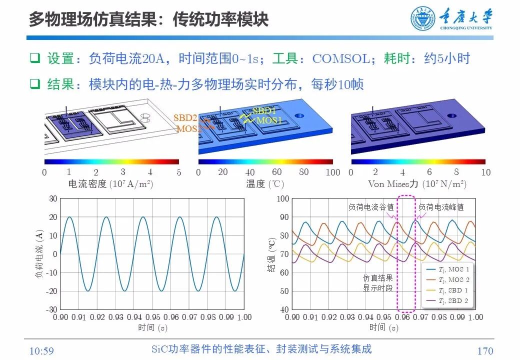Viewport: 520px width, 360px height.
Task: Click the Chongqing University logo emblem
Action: point(423,18)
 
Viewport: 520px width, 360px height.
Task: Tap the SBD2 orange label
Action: point(185,118)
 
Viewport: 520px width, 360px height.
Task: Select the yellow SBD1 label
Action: point(264,110)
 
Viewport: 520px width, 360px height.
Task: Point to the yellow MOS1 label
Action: point(269,120)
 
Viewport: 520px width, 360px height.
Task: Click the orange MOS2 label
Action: point(188,128)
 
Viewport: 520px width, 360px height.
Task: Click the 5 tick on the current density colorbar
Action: point(178,172)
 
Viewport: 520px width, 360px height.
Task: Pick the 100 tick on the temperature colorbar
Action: point(332,172)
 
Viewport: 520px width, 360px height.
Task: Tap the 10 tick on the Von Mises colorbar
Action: point(485,172)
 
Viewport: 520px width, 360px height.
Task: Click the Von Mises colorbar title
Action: point(417,184)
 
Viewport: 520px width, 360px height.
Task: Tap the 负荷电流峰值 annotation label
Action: point(441,206)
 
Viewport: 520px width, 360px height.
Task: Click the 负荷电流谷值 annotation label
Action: point(371,206)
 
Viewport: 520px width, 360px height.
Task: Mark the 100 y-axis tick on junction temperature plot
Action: point(283,198)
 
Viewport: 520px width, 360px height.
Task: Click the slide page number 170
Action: point(485,351)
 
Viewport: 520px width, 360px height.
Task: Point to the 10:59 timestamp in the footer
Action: point(41,351)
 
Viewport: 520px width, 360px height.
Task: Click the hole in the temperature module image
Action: point(299,115)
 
